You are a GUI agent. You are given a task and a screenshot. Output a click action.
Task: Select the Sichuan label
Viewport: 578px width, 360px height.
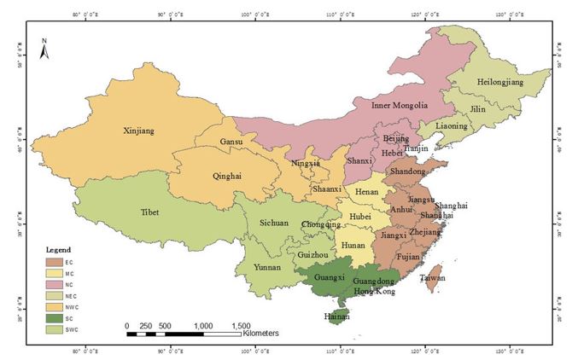[x=274, y=224]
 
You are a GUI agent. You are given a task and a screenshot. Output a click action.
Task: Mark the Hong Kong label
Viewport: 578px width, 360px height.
[x=377, y=292]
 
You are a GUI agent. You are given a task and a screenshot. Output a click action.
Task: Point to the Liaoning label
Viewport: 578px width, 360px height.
[x=452, y=126]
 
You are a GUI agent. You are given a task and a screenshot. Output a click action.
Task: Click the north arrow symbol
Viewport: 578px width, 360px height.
[x=44, y=49]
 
